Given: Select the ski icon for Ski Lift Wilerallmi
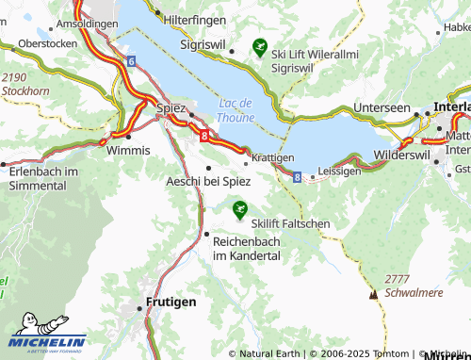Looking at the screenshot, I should pyautogui.click(x=259, y=44).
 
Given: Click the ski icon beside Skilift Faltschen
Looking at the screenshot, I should pyautogui.click(x=239, y=206).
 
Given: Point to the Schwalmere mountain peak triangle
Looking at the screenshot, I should pyautogui.click(x=374, y=294).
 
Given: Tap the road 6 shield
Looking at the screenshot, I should pyautogui.click(x=130, y=61).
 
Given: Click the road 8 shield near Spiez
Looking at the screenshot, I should pyautogui.click(x=203, y=136).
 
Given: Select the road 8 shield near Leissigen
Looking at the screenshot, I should pyautogui.click(x=297, y=176).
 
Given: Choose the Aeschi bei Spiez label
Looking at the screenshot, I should pyautogui.click(x=207, y=180).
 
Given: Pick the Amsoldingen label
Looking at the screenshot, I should pyautogui.click(x=87, y=23).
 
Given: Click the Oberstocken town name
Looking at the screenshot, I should pyautogui.click(x=47, y=43).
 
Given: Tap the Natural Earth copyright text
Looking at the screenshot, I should pyautogui.click(x=268, y=353).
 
